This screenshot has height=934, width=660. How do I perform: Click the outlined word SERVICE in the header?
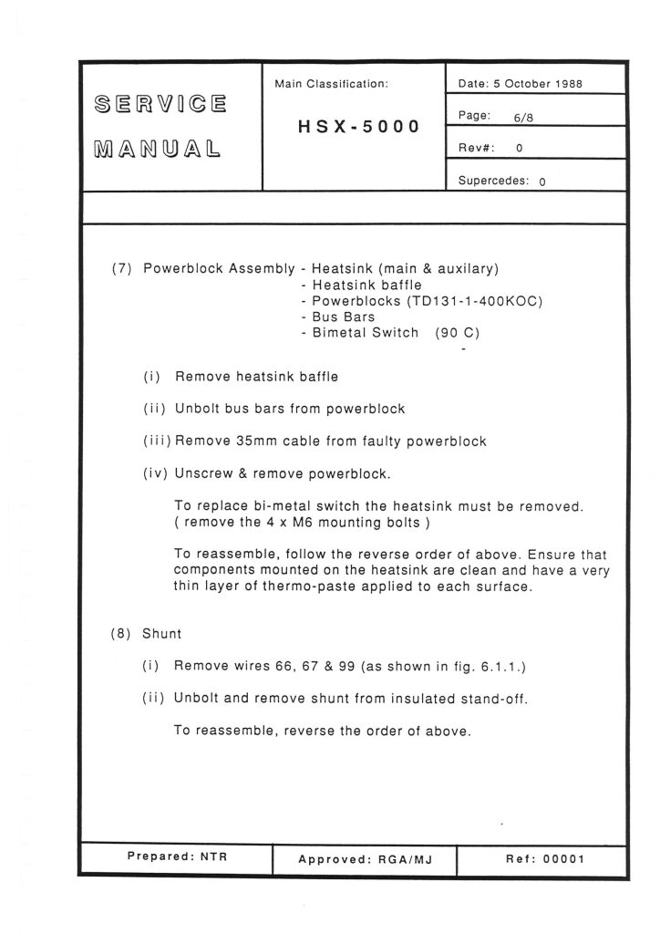point(159,103)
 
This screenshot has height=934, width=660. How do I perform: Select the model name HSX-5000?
point(359,127)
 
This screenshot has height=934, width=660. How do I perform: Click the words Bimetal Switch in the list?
point(366,333)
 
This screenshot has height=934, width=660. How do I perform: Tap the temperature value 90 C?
point(458,333)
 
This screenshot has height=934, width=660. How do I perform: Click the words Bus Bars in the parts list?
point(344,317)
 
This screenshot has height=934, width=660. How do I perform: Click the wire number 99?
point(345,667)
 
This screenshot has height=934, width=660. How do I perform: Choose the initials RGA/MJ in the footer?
point(400,860)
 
